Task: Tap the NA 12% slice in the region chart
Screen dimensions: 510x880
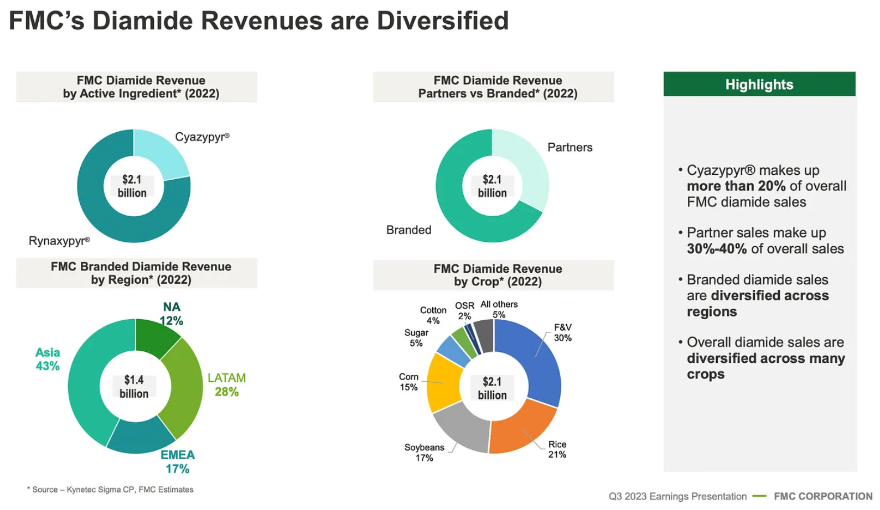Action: point(156,337)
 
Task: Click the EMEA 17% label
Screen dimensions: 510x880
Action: point(177,462)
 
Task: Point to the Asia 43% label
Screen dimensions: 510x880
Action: point(48,359)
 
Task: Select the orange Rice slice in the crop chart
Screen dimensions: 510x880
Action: point(520,429)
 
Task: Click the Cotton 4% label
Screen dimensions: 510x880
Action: point(433,315)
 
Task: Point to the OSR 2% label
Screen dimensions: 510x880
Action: point(464,311)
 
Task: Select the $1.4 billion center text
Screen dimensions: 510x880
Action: point(134,387)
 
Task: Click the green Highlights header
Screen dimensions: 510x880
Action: point(759,84)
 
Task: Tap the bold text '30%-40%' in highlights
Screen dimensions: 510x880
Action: point(717,249)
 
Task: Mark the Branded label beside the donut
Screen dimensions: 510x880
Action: point(408,230)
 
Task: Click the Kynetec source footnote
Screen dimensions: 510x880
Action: point(111,490)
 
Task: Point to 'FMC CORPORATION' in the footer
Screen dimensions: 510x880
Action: point(822,496)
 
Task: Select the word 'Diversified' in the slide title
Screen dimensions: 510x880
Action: point(443,21)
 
